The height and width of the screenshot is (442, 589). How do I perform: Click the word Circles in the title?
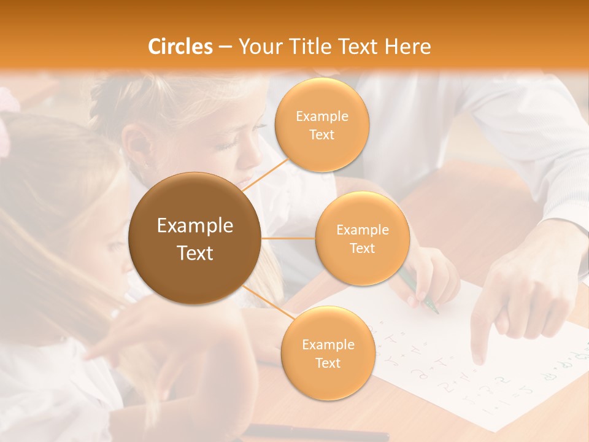180,47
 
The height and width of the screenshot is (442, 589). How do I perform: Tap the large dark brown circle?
195,238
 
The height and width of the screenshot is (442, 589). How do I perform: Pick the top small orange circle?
321,125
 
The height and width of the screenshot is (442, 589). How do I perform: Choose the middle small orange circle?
362,238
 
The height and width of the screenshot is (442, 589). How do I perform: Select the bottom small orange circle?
328,353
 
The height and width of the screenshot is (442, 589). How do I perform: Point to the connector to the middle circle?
288,238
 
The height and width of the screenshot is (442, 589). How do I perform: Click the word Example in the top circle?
321,116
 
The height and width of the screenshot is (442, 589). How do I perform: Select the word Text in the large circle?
195,253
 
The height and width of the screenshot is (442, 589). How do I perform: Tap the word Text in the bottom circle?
328,363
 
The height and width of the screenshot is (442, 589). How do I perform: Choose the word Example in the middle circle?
362,230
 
